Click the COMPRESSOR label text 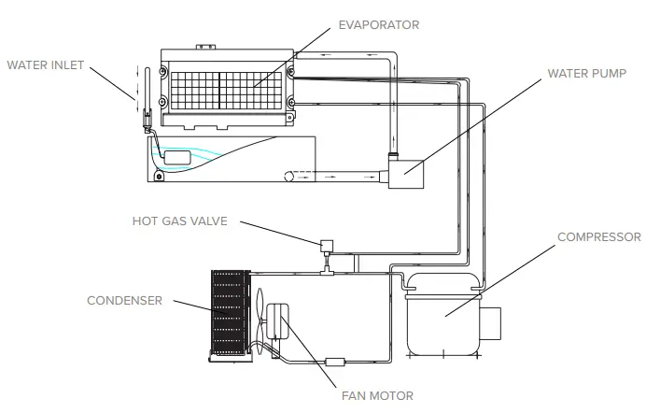598,237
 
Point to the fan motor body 278,320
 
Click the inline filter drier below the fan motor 336,361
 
